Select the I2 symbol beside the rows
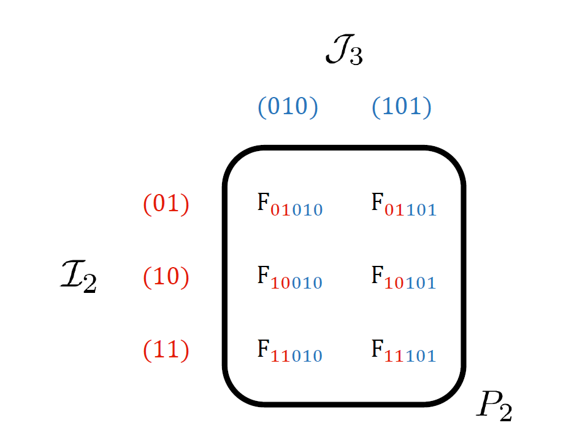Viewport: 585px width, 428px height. [78, 278]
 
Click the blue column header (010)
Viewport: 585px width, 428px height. [288, 107]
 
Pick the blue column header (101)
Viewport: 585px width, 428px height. [402, 107]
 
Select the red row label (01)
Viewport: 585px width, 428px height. [166, 204]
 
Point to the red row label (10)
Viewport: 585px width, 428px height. [166, 277]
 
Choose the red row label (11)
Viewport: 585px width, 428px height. [166, 349]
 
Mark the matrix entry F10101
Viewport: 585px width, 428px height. [403, 278]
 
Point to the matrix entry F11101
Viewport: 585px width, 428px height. [403, 351]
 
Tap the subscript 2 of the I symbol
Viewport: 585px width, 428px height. [90, 284]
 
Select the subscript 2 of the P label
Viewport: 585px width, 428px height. [505, 412]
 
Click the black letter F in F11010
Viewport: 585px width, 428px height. [263, 348]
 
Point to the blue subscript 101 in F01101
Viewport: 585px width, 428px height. [421, 211]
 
